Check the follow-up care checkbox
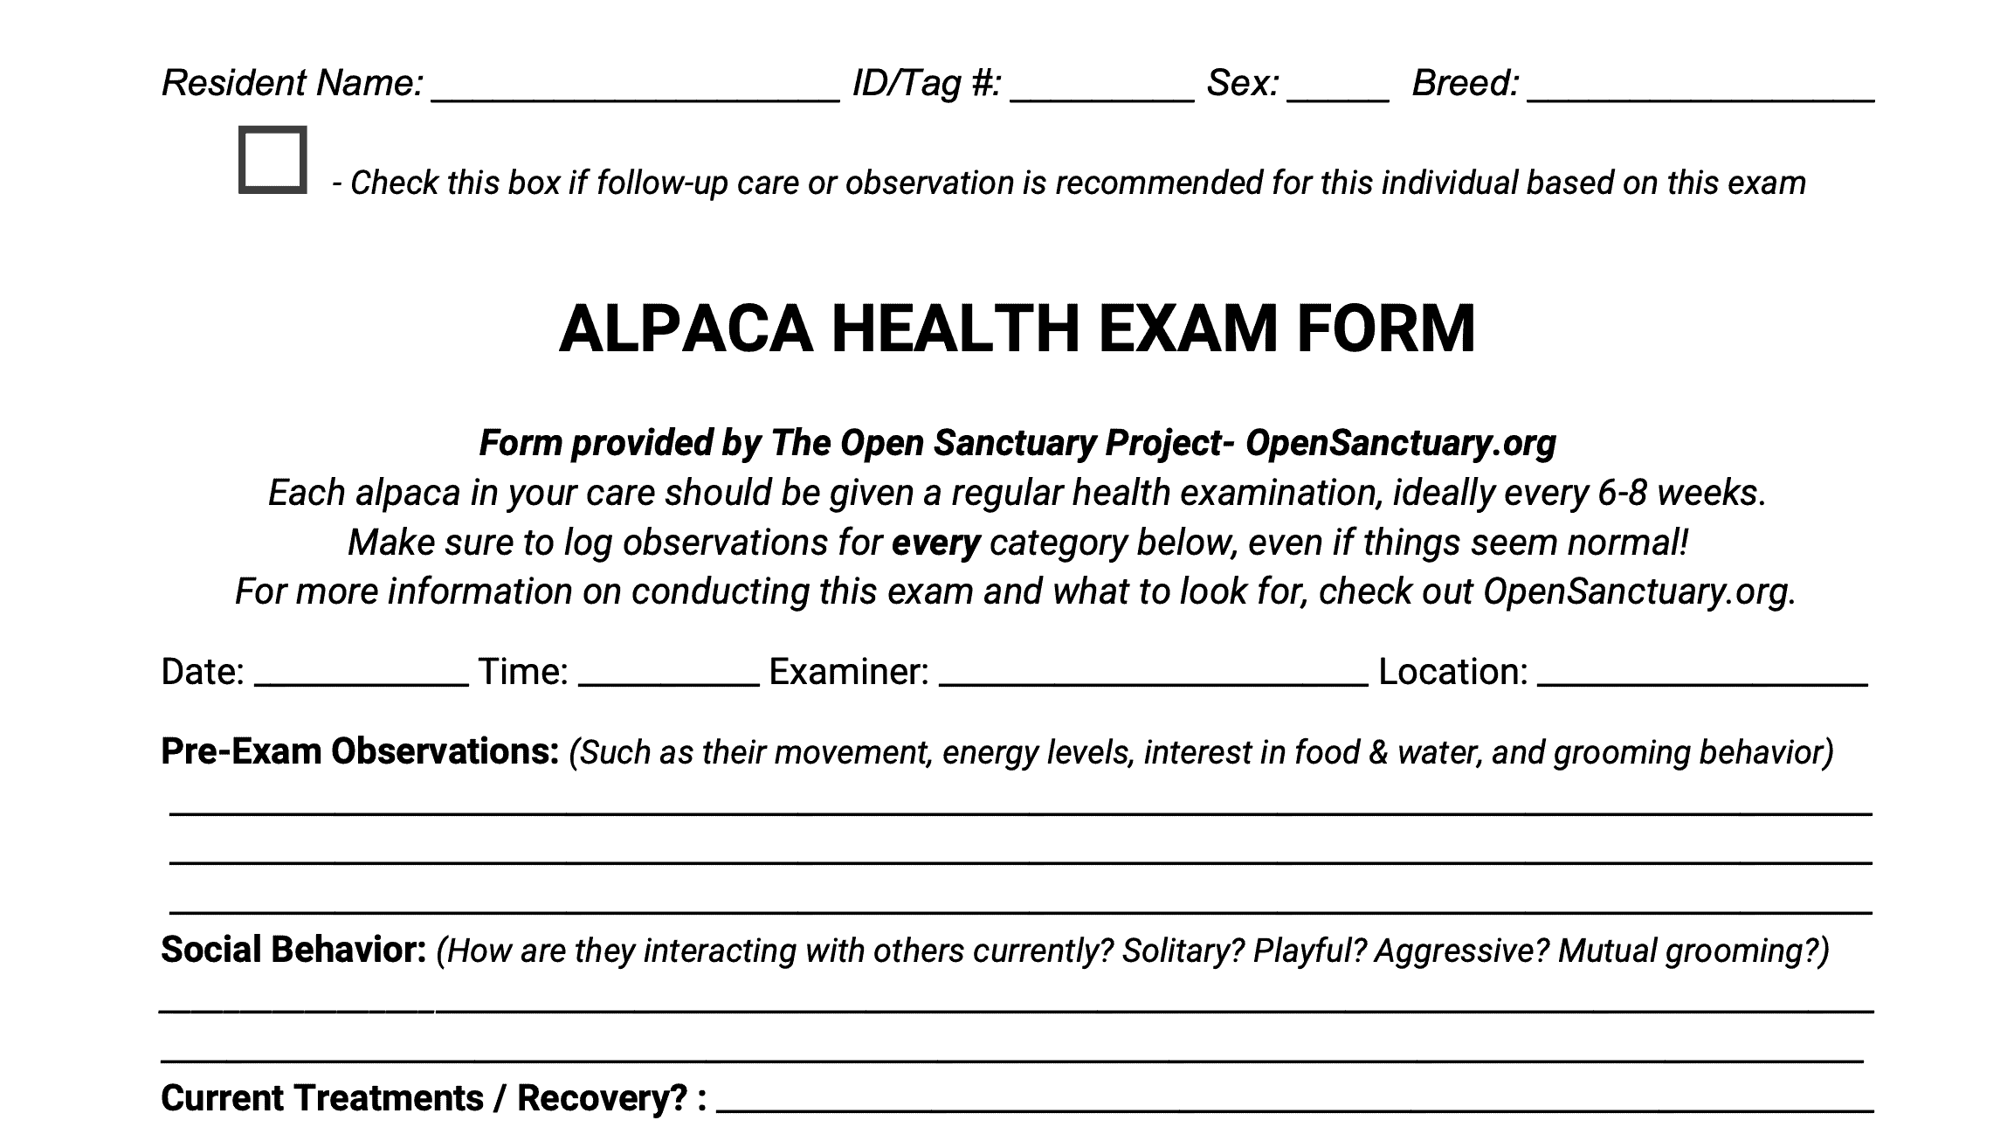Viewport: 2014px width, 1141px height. tap(272, 160)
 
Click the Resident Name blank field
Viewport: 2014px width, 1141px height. tap(635, 87)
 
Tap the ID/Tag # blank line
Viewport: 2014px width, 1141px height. tap(1101, 87)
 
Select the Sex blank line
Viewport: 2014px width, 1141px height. tap(1337, 87)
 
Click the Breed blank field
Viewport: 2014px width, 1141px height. tap(1700, 87)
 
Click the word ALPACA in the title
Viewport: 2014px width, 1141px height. tap(686, 329)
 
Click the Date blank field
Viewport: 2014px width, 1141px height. tap(362, 674)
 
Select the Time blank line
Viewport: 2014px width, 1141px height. tap(668, 674)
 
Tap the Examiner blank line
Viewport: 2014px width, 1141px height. tap(1153, 674)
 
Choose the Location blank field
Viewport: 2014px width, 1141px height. tap(1702, 674)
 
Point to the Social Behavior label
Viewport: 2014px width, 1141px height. tap(293, 950)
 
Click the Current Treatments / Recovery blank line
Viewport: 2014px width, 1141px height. tap(1294, 1101)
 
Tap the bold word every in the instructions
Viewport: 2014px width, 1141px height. tap(935, 543)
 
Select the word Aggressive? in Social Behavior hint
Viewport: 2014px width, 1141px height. tap(1461, 951)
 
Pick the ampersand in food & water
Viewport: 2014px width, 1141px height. tap(1378, 752)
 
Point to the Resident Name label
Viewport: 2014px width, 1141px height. tap(293, 83)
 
